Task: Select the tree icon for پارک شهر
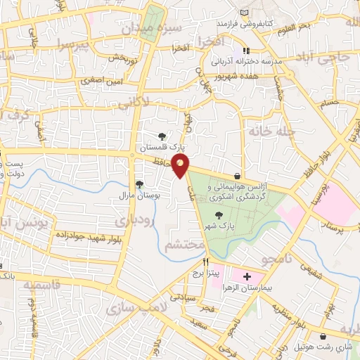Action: click(219, 216)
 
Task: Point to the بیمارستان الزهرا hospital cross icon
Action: click(247, 277)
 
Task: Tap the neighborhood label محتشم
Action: click(184, 246)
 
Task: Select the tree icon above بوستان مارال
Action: click(139, 184)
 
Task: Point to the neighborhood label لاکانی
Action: click(134, 103)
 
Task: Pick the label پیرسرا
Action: click(75, 46)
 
